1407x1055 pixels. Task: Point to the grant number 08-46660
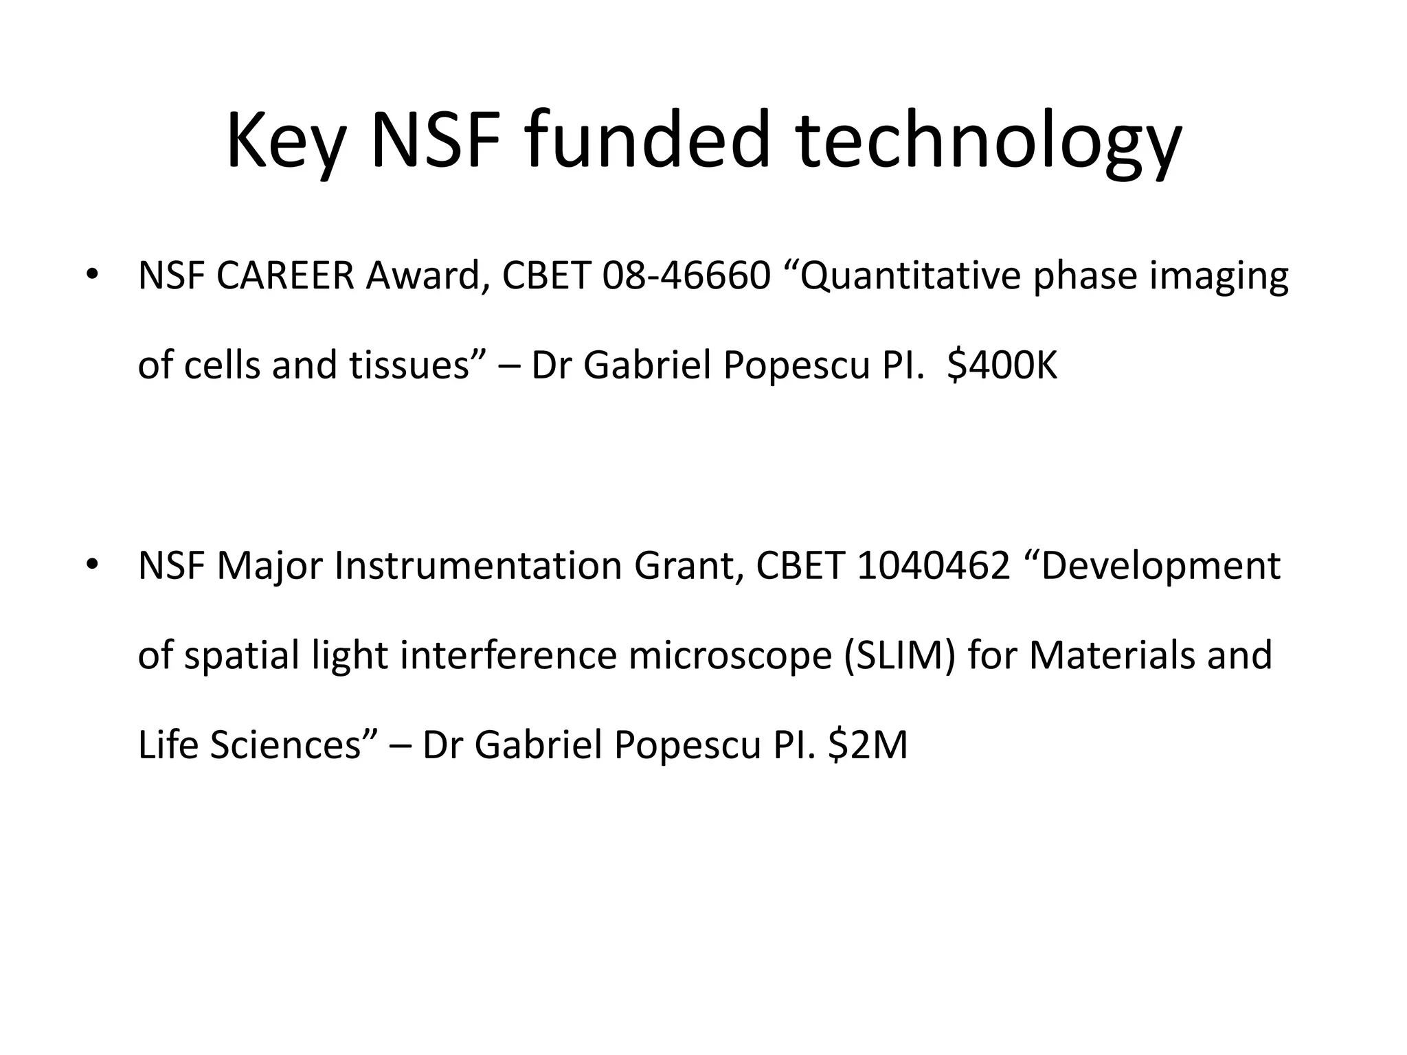[x=686, y=276]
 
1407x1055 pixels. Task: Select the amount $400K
[x=1002, y=365]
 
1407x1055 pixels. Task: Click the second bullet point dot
[x=91, y=565]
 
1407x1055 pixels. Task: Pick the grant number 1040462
[x=934, y=567]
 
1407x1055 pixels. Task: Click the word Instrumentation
[x=478, y=567]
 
